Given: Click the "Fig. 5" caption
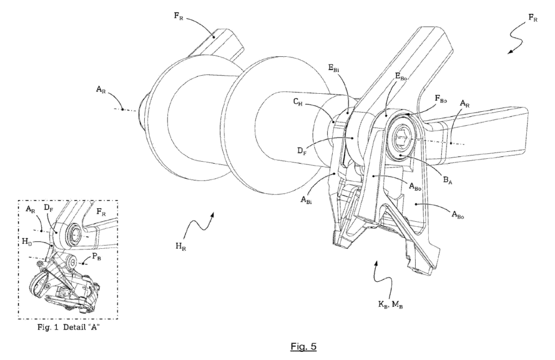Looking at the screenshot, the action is pyautogui.click(x=304, y=346).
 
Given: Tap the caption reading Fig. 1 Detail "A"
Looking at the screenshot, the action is pyautogui.click(x=68, y=327).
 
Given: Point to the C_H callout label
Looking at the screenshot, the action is pyautogui.click(x=298, y=102).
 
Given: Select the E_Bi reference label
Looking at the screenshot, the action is pyautogui.click(x=334, y=68).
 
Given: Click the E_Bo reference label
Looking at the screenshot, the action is pyautogui.click(x=401, y=76).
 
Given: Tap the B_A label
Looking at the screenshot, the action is pyautogui.click(x=448, y=180).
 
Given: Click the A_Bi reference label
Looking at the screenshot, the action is pyautogui.click(x=306, y=200).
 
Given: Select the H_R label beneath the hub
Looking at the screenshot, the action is pyautogui.click(x=180, y=246).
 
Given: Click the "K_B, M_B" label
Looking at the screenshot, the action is pyautogui.click(x=390, y=304).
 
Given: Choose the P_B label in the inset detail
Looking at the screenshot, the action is pyautogui.click(x=96, y=257).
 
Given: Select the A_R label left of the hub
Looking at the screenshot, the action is pyautogui.click(x=101, y=89).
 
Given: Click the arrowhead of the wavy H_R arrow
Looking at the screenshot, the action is pyautogui.click(x=212, y=215).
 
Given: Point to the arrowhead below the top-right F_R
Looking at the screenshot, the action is pyautogui.click(x=510, y=52).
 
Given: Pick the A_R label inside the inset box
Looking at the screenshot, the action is pyautogui.click(x=31, y=209).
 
